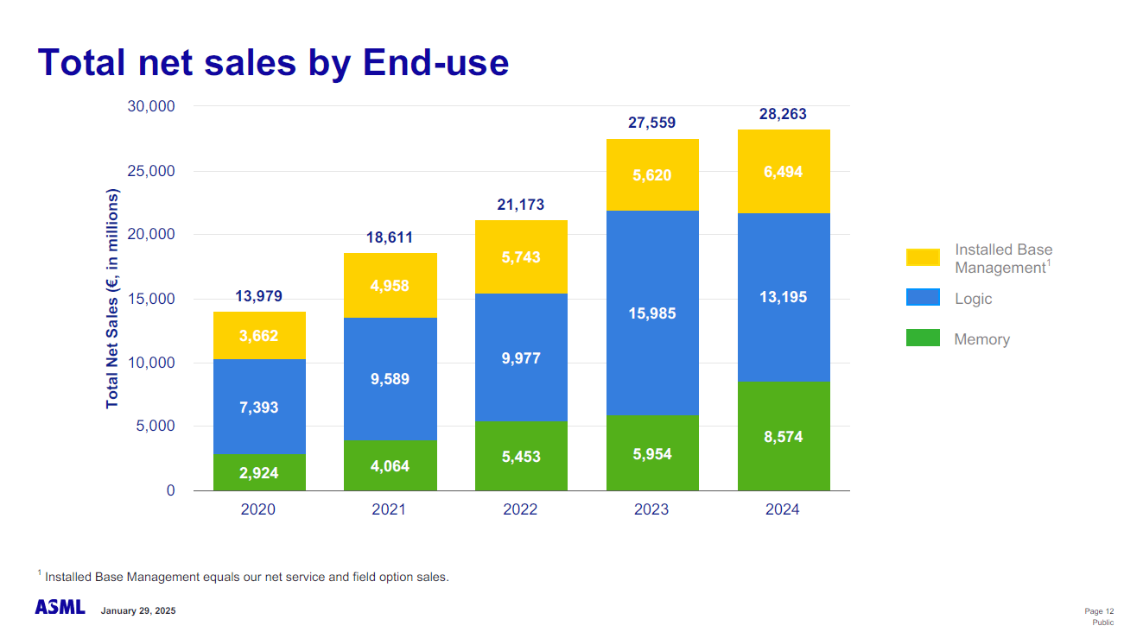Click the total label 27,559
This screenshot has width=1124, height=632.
click(652, 123)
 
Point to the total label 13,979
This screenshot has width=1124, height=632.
click(259, 297)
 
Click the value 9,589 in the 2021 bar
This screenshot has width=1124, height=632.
click(391, 379)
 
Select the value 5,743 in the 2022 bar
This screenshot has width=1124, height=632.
click(521, 257)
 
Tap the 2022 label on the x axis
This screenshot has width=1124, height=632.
click(520, 509)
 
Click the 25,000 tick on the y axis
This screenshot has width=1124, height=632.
click(151, 171)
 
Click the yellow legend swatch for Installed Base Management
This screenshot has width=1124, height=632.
click(923, 257)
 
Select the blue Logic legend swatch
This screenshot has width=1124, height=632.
click(923, 298)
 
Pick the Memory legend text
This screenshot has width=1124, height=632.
click(981, 339)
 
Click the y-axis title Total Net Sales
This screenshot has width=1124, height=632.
click(112, 299)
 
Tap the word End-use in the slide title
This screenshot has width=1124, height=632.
click(435, 62)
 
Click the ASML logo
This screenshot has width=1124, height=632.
click(60, 608)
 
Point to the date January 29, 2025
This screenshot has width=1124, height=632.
click(138, 610)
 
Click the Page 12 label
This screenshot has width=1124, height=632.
click(1099, 610)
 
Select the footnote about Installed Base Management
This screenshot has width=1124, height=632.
click(246, 577)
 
